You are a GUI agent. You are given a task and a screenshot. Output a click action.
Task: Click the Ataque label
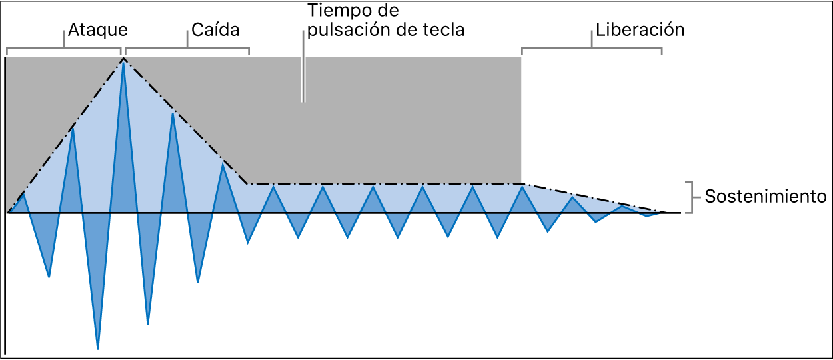coord(97,30)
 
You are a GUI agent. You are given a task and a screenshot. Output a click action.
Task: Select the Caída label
coord(215,30)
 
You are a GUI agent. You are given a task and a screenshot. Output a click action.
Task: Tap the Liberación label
coord(640,30)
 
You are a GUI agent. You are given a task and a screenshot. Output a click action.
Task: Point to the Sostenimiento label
coord(765,197)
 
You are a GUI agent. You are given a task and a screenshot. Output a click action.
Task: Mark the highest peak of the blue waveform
coord(123,61)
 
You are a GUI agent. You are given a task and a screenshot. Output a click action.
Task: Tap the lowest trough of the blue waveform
coord(98,348)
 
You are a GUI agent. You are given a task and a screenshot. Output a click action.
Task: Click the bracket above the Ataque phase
coord(64,49)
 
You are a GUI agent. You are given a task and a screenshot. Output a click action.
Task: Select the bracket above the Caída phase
coord(187,49)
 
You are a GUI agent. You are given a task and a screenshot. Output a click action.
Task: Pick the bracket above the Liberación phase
coord(592,49)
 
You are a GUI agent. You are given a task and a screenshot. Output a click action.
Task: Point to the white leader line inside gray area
coord(303,80)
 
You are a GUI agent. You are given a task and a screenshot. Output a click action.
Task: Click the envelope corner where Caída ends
coord(248,183)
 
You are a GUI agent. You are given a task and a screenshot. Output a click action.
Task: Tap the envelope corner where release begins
coord(522,183)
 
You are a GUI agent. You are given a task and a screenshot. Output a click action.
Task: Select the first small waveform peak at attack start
coord(23,195)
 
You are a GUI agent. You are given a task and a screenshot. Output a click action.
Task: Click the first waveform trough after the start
coord(49,275)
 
